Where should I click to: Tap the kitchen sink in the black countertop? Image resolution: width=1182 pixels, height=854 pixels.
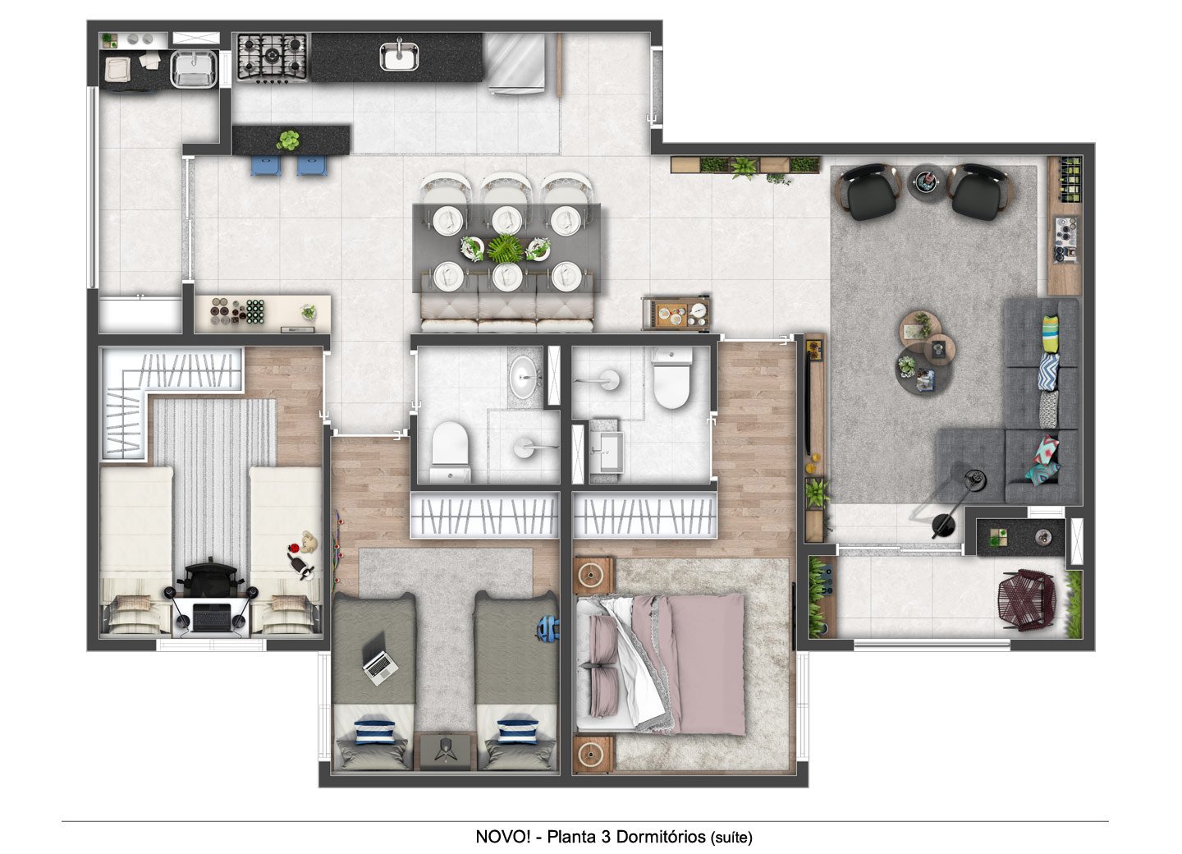pos(399,56)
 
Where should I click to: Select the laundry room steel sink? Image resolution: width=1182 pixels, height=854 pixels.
pos(195,69)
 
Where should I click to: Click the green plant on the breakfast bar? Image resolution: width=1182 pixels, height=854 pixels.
pos(288,140)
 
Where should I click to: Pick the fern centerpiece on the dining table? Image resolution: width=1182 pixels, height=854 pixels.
pos(506,248)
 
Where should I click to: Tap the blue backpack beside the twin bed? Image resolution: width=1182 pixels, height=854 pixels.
pos(547,628)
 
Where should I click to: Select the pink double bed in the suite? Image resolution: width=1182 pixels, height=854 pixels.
pos(661,664)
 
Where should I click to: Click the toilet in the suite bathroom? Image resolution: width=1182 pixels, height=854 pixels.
pos(671,378)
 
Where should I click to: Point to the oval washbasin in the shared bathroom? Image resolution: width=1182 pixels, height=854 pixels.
pos(525,377)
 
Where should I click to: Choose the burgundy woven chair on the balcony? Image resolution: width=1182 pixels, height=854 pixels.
pos(1026,600)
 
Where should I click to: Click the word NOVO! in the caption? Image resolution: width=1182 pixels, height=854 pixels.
pos(502,837)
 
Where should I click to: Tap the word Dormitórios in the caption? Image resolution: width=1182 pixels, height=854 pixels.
pos(661,837)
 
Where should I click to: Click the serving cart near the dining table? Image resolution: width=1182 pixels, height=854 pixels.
pos(676,314)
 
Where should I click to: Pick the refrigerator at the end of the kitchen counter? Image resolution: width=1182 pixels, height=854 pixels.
pos(516,62)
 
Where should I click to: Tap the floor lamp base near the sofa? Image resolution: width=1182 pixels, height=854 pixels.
pos(943,525)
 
